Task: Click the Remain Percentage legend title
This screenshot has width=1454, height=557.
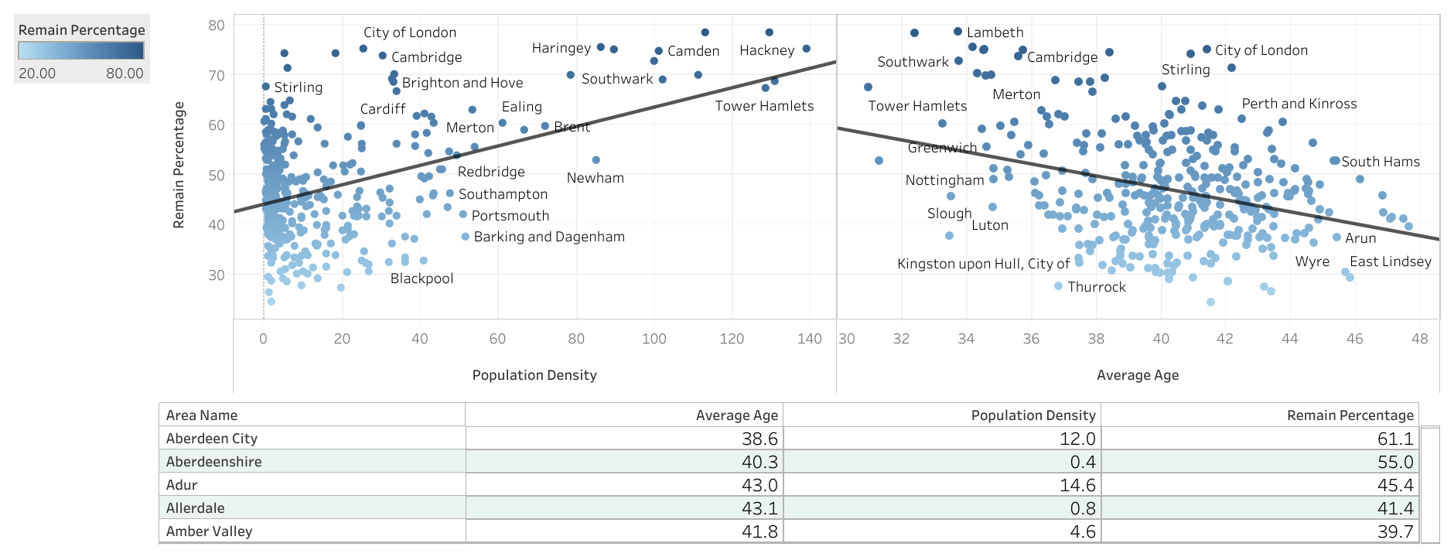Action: click(x=81, y=30)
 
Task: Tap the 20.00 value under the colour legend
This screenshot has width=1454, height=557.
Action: click(x=37, y=73)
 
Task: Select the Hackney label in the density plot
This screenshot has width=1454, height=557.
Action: click(x=766, y=50)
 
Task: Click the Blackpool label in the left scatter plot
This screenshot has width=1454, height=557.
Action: click(x=422, y=278)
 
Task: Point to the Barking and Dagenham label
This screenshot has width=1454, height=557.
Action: click(x=549, y=237)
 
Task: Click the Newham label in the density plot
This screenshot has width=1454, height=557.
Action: click(x=595, y=178)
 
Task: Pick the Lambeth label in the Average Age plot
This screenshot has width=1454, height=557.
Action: click(x=995, y=32)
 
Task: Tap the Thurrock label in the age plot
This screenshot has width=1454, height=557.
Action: click(x=1097, y=287)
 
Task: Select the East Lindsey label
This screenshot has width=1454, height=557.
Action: click(x=1390, y=261)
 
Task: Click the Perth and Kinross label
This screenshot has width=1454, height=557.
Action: click(x=1299, y=104)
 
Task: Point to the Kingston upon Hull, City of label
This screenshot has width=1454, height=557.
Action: click(x=983, y=264)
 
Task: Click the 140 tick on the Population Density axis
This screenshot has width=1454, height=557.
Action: click(x=809, y=339)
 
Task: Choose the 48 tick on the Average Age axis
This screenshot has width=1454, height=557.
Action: click(x=1419, y=339)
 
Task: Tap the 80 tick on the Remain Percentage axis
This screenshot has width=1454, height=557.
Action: click(x=217, y=26)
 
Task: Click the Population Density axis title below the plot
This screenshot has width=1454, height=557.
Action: click(x=534, y=375)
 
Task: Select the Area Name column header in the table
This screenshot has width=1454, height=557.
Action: click(x=202, y=415)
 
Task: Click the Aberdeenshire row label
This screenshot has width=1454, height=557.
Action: click(x=214, y=462)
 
